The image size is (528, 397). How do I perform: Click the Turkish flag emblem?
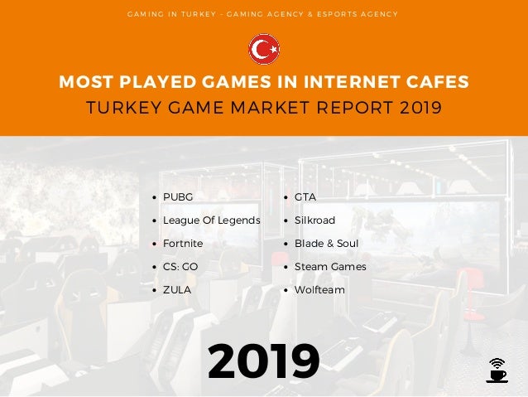(264, 49)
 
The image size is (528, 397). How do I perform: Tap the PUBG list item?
(177, 197)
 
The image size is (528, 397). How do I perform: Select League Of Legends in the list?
(211, 220)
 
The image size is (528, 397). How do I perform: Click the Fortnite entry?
(182, 244)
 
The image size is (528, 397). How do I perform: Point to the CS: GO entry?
(180, 267)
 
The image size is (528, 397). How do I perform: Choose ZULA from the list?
(176, 290)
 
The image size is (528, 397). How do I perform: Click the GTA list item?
(305, 197)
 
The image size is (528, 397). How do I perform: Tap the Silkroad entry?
(314, 220)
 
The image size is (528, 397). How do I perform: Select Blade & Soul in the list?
(326, 244)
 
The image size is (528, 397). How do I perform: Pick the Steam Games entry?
(329, 267)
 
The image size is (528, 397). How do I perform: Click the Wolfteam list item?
(319, 290)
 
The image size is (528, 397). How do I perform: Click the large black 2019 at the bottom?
(264, 361)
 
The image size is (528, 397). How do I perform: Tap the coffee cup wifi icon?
(497, 370)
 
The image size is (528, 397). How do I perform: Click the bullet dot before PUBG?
(156, 197)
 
